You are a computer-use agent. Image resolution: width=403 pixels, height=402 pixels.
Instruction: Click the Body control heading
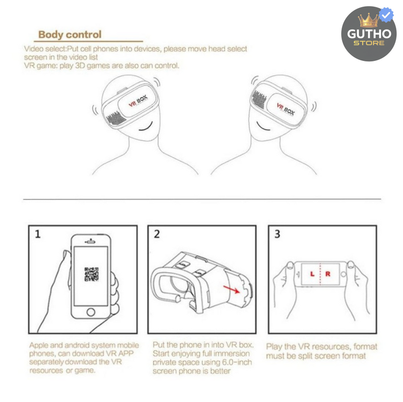click(x=70, y=35)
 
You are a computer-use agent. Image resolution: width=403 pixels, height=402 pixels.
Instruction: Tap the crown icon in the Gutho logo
click(x=368, y=21)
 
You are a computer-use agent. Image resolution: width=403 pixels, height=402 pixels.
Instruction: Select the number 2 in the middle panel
click(x=157, y=234)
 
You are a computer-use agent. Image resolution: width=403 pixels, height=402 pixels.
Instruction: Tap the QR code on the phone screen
click(x=91, y=274)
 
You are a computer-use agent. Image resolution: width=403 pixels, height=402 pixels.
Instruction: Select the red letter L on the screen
click(x=312, y=275)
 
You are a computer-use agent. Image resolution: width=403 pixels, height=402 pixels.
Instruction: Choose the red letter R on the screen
click(x=328, y=275)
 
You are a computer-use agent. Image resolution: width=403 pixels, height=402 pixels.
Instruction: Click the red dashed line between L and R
click(x=320, y=275)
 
